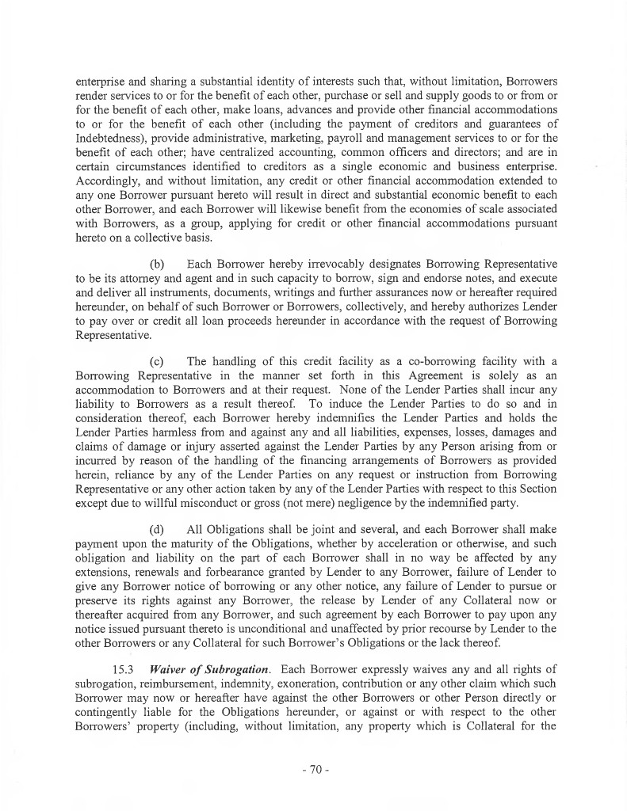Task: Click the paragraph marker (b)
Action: (158, 263)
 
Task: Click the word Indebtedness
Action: (113, 136)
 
